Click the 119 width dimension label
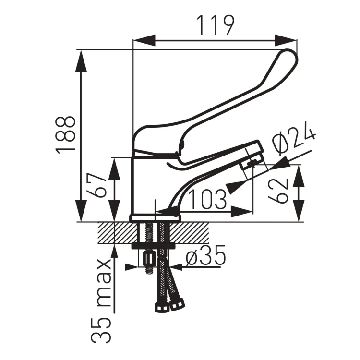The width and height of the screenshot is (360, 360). tap(216, 25)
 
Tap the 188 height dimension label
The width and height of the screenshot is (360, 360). tap(65, 134)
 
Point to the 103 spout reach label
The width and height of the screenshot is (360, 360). tap(207, 199)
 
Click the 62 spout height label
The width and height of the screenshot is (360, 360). tap(278, 191)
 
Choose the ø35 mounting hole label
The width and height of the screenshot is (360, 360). tap(206, 255)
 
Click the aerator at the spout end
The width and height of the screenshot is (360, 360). tap(254, 164)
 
